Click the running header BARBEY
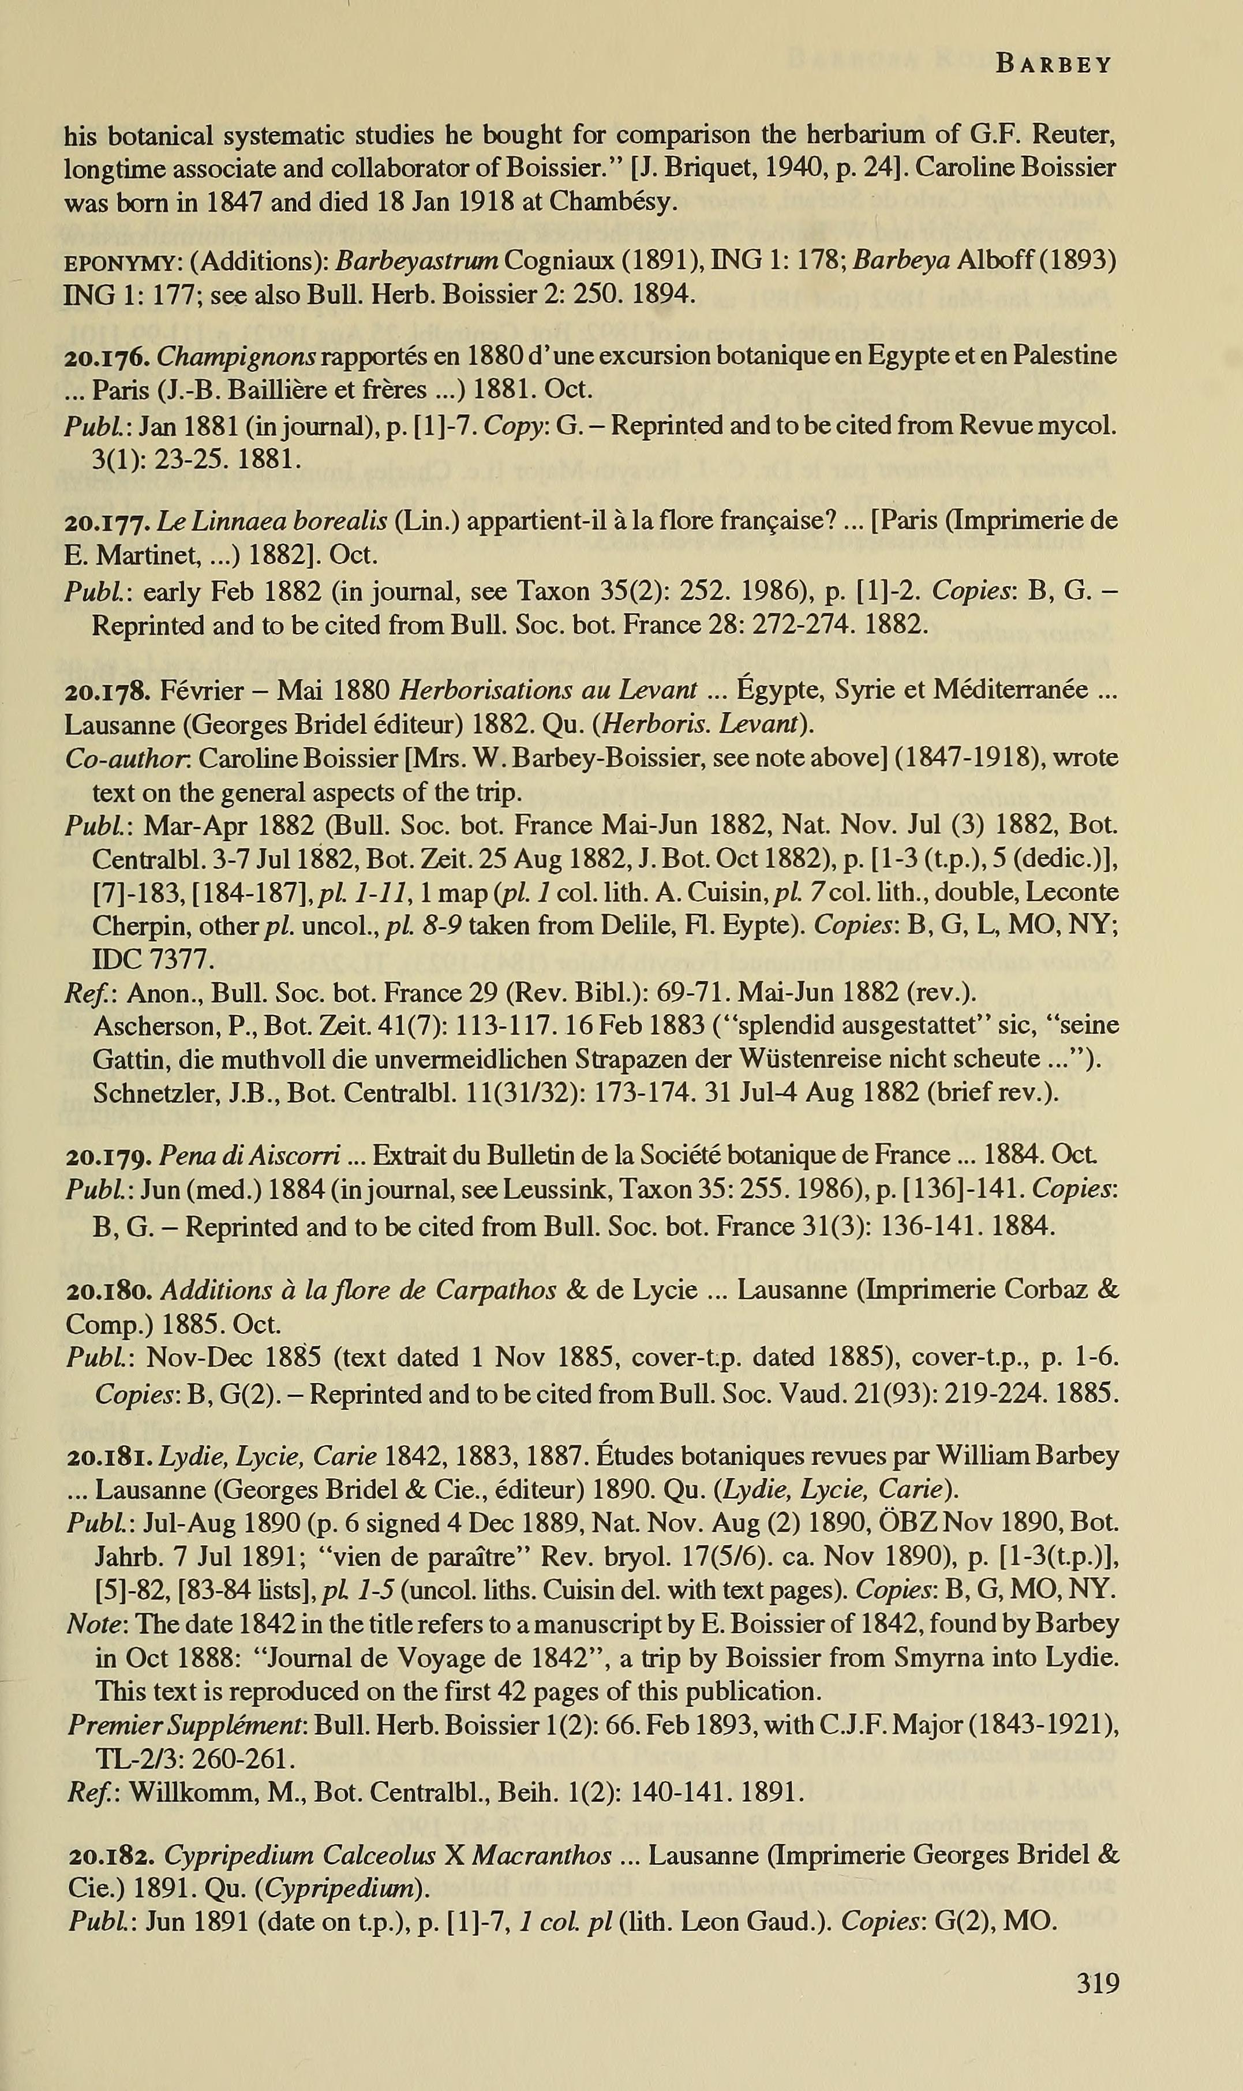click(1054, 65)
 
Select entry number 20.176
click(107, 356)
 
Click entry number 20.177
click(107, 522)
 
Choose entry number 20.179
click(107, 1156)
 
